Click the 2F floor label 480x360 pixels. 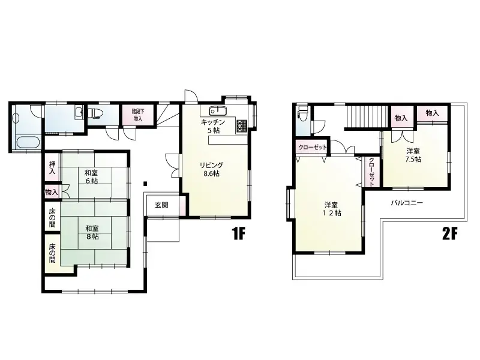tap(451, 234)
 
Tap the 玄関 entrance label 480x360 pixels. tap(161, 205)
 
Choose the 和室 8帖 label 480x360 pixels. tap(92, 232)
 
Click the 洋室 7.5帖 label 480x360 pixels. tap(413, 155)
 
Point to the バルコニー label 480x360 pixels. tap(407, 203)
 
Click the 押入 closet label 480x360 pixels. tap(52, 167)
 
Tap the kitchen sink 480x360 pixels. tap(217, 111)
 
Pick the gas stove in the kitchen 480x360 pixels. tap(243, 126)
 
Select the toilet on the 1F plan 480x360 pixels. tap(96, 112)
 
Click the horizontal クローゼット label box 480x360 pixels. tap(312, 147)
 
